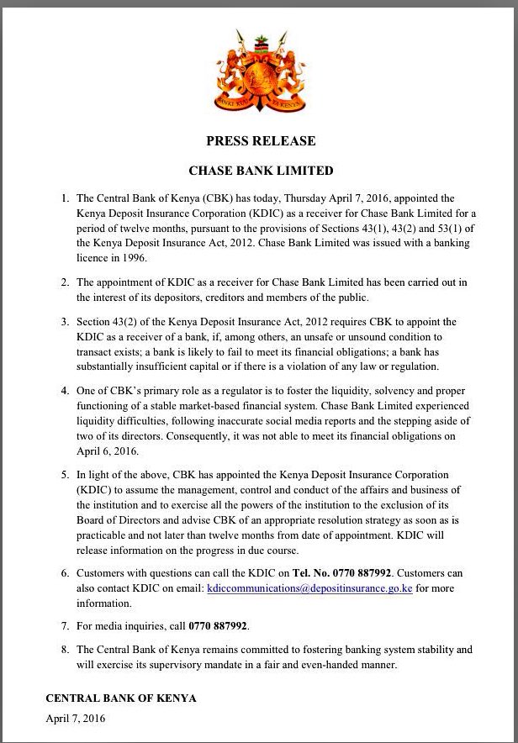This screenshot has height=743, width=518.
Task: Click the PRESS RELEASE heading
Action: (261, 141)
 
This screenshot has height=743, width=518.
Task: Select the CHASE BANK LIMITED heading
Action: (261, 171)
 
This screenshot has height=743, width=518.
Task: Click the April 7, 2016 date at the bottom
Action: (76, 719)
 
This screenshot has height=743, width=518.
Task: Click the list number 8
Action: (65, 650)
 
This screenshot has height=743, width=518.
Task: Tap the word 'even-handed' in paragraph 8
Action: (332, 665)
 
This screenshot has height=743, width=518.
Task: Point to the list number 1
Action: (65, 198)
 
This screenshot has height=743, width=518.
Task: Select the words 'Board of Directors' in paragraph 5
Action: (120, 520)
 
